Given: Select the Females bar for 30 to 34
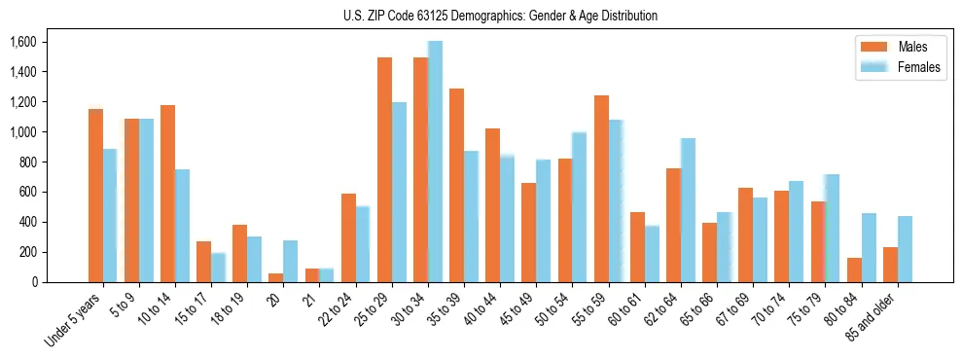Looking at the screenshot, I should coord(435,162).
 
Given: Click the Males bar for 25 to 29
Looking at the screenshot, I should coord(384,170).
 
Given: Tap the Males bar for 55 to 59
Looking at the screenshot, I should coord(601,189).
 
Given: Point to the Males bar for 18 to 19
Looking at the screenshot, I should coord(240,253).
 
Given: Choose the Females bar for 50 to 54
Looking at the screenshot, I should coord(579,207).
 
